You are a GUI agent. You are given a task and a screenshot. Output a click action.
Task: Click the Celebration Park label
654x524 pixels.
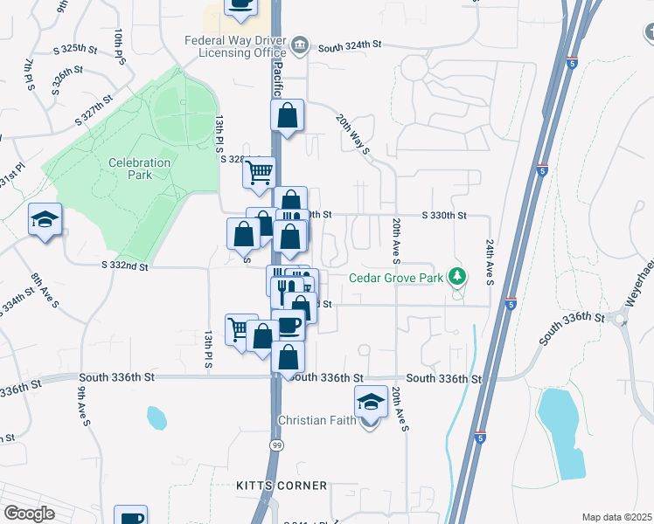129,169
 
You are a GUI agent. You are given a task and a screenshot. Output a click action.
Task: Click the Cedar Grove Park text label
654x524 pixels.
396,279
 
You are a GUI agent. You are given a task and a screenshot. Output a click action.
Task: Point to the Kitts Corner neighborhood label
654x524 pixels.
282,486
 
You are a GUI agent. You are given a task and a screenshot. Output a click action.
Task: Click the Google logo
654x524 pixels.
29,514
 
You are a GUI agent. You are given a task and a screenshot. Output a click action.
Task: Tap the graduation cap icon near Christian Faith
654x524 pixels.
371,403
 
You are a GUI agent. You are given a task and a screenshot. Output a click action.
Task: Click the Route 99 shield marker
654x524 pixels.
277,445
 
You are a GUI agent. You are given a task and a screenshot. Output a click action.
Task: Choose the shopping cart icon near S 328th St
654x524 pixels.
259,173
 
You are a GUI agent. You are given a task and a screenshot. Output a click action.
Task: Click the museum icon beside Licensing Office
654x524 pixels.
300,44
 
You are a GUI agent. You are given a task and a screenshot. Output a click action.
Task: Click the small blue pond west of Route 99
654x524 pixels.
157,417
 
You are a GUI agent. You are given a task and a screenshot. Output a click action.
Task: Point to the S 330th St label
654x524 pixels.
444,215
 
